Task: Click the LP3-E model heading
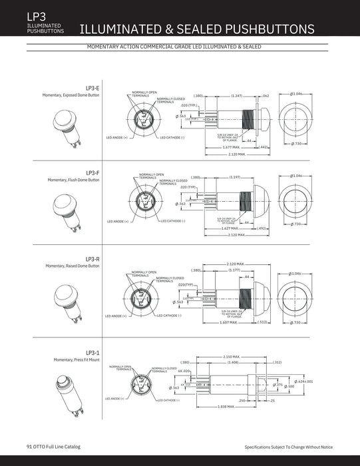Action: (92, 88)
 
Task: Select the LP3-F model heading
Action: (92, 172)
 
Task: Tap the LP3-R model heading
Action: (92, 258)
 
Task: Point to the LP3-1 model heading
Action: (92, 352)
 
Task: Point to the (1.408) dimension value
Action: (234, 363)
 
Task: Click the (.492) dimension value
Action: (262, 228)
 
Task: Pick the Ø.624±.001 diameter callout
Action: (303, 381)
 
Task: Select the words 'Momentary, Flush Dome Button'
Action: (73, 180)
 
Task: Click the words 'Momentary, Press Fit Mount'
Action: (77, 360)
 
